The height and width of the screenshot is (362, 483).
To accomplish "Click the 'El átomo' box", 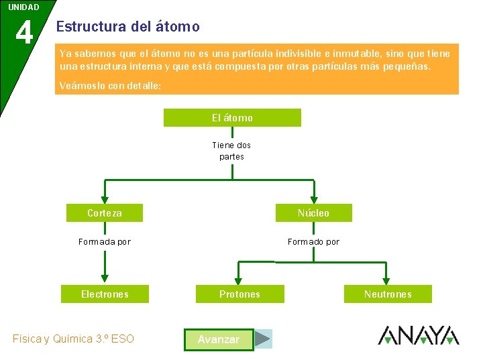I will click(232, 118).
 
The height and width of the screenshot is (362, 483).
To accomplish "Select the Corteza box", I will click(105, 213).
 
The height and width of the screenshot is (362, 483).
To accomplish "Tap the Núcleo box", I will click(313, 213).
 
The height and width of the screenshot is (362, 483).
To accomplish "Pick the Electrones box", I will click(105, 294).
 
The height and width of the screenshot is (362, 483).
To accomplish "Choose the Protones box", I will click(239, 294).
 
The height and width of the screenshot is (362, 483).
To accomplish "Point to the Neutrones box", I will click(388, 294).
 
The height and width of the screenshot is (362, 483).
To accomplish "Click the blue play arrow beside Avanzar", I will click(264, 339).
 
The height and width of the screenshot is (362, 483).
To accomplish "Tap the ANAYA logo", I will click(419, 335).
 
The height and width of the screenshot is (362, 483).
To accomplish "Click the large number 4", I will click(24, 32).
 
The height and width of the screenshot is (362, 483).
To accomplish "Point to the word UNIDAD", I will click(23, 7).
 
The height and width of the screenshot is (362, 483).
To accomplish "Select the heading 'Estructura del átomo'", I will click(128, 27).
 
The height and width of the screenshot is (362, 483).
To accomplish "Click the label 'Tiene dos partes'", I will click(231, 151).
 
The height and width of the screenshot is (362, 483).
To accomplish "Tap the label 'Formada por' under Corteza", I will click(105, 242).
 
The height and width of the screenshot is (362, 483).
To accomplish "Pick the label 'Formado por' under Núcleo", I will click(313, 242).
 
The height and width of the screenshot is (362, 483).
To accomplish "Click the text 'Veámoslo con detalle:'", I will click(110, 86).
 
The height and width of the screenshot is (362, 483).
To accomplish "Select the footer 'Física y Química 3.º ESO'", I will click(73, 339).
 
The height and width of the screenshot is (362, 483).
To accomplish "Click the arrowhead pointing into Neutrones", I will click(386, 279).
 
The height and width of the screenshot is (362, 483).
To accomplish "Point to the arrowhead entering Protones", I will click(237, 279).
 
